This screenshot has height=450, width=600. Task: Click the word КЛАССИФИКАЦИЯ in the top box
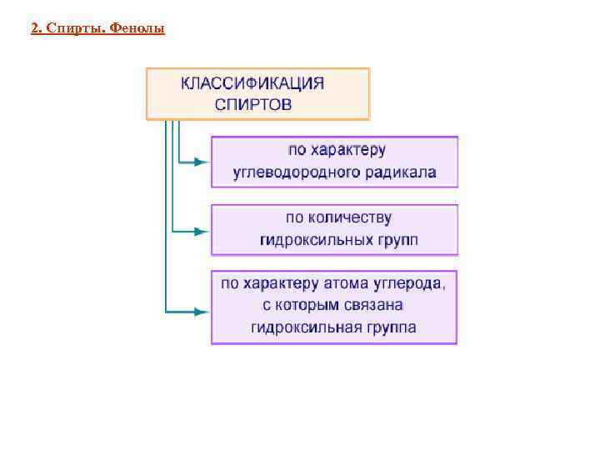click(252, 83)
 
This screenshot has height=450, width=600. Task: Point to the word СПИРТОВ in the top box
click(253, 105)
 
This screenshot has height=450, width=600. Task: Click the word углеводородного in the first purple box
click(297, 173)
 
